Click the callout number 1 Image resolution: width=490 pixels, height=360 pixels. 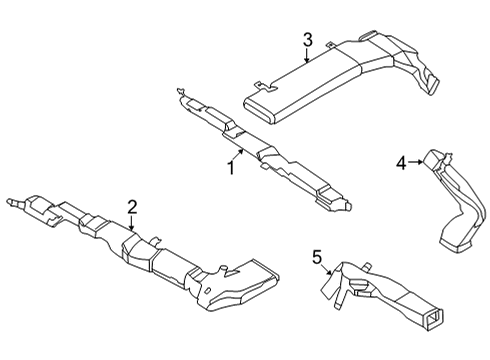click(x=230, y=168)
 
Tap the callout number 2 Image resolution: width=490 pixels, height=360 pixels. click(x=131, y=207)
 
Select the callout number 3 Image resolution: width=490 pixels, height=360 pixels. click(x=308, y=41)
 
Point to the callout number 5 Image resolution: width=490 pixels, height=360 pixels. click(x=317, y=258)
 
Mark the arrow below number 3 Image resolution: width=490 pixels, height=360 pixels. click(x=308, y=57)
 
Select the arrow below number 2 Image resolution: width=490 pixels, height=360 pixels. click(x=131, y=224)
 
